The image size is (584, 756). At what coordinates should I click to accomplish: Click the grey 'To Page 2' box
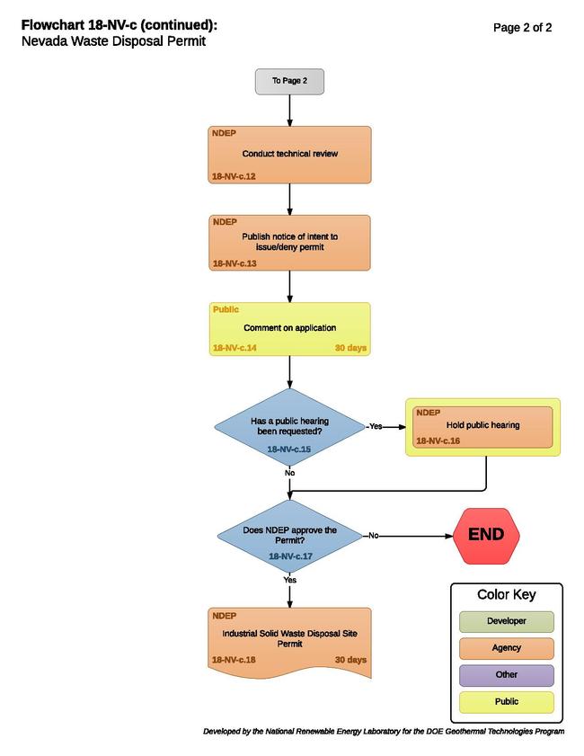(289, 82)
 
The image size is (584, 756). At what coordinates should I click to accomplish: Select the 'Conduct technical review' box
(289, 155)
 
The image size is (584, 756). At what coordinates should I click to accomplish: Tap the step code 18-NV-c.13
(234, 263)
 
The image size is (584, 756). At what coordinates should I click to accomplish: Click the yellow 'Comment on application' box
(289, 329)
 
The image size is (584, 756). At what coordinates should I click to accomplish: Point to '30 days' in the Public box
(350, 348)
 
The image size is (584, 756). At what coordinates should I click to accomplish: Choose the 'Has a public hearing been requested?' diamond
(289, 427)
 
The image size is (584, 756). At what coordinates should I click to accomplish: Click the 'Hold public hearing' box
(482, 427)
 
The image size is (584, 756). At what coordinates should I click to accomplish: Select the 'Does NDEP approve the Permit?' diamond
(289, 536)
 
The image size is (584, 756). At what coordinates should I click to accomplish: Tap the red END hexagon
(486, 536)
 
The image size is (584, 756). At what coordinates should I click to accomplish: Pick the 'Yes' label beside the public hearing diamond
(376, 427)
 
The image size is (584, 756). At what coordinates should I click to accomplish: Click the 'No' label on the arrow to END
(374, 536)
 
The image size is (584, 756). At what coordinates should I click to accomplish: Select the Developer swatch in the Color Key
(507, 621)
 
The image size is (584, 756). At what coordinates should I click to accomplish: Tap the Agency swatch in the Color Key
(507, 648)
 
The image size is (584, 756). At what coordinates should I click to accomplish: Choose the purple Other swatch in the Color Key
(507, 675)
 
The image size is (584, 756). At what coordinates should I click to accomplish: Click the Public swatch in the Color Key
(507, 702)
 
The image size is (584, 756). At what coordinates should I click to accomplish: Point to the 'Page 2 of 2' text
(522, 28)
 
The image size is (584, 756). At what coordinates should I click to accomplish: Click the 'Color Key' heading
(507, 595)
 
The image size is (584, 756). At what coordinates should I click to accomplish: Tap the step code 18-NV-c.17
(290, 556)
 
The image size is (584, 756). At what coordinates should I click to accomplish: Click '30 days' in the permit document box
(350, 660)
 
